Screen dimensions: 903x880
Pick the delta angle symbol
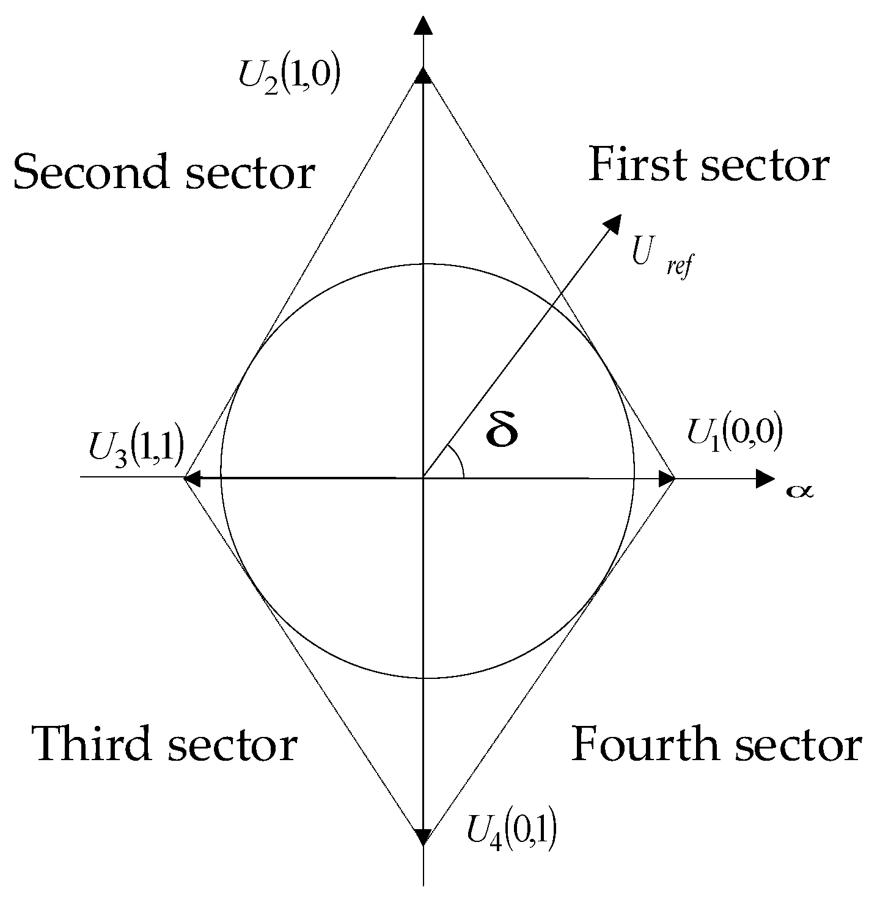pyautogui.click(x=502, y=430)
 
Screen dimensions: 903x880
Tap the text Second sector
pyautogui.click(x=163, y=172)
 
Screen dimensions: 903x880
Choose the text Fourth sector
pyautogui.click(x=716, y=745)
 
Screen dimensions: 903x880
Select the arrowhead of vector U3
pyautogui.click(x=193, y=478)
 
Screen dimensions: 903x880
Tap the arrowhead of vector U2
pyautogui.click(x=422, y=76)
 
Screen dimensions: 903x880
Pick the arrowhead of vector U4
pyautogui.click(x=422, y=836)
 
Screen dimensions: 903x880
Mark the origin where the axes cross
pyautogui.click(x=422, y=478)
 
